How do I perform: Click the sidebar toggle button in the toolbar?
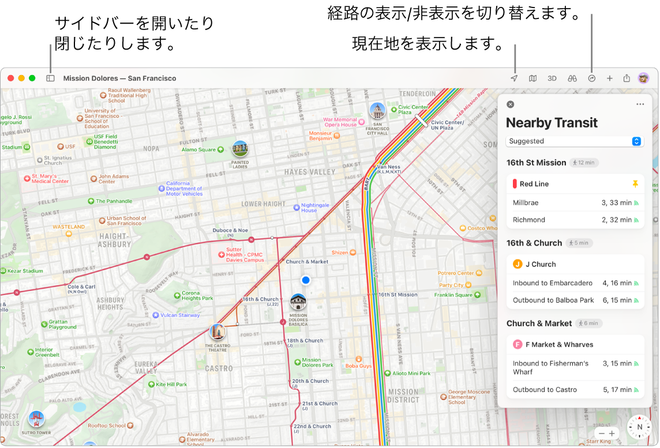(x=50, y=78)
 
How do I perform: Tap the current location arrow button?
(x=513, y=78)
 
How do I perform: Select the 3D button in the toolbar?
(x=552, y=78)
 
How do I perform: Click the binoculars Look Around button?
(x=572, y=78)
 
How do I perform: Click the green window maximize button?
(x=32, y=78)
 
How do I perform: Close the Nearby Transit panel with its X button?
(x=510, y=104)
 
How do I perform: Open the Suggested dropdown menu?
(x=575, y=141)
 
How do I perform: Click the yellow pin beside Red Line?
(x=635, y=184)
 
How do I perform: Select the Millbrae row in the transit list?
(x=575, y=203)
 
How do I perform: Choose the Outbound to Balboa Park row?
(x=575, y=300)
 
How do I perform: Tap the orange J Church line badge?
(x=517, y=264)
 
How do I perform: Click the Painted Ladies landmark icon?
(x=239, y=149)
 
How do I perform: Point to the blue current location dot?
(x=306, y=280)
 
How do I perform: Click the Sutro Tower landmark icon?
(x=37, y=419)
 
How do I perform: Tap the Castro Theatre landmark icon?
(x=217, y=332)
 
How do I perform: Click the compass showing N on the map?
(x=639, y=427)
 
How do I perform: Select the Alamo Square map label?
(x=198, y=150)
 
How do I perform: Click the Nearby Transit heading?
(x=552, y=123)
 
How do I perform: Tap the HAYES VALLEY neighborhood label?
(x=309, y=172)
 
